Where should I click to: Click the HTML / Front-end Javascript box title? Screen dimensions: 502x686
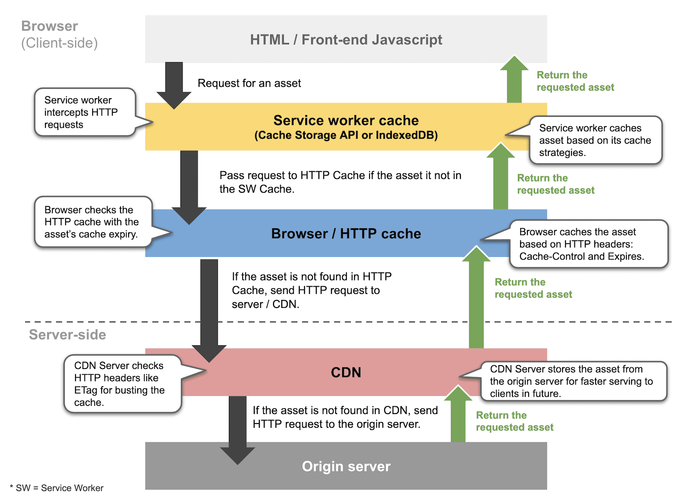[x=346, y=39]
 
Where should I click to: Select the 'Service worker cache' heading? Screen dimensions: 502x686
[x=346, y=120]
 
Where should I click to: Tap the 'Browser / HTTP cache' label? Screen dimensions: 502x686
[x=346, y=233]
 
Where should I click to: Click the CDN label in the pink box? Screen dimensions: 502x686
[x=346, y=372]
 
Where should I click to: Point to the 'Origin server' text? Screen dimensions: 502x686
[x=346, y=466]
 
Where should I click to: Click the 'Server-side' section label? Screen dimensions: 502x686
[x=67, y=334]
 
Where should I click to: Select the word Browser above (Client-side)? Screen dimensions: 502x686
[x=49, y=26]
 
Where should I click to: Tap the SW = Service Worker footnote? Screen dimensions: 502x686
[x=57, y=488]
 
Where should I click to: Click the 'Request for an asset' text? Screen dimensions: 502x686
[x=249, y=83]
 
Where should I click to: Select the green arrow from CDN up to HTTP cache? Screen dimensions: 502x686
[x=476, y=300]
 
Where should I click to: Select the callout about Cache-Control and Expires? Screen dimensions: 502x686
[x=587, y=244]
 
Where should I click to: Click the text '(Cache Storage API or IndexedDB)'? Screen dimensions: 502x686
[x=346, y=136]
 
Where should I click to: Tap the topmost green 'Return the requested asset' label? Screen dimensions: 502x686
[x=575, y=81]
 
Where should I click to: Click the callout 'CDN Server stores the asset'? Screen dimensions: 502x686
[x=572, y=381]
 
